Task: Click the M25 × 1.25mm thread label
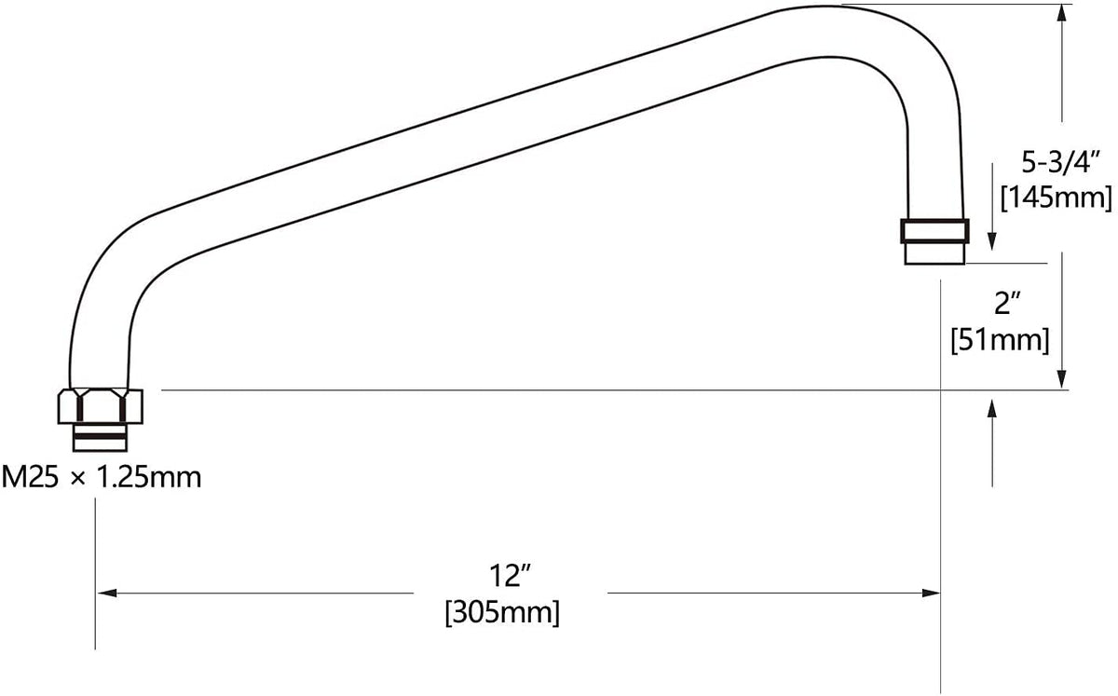[102, 477]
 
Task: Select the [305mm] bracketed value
[502, 612]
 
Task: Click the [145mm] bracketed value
[1057, 198]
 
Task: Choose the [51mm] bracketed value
[1001, 340]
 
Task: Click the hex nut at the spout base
[101, 406]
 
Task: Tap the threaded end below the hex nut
[100, 438]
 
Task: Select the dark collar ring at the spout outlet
[934, 231]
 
